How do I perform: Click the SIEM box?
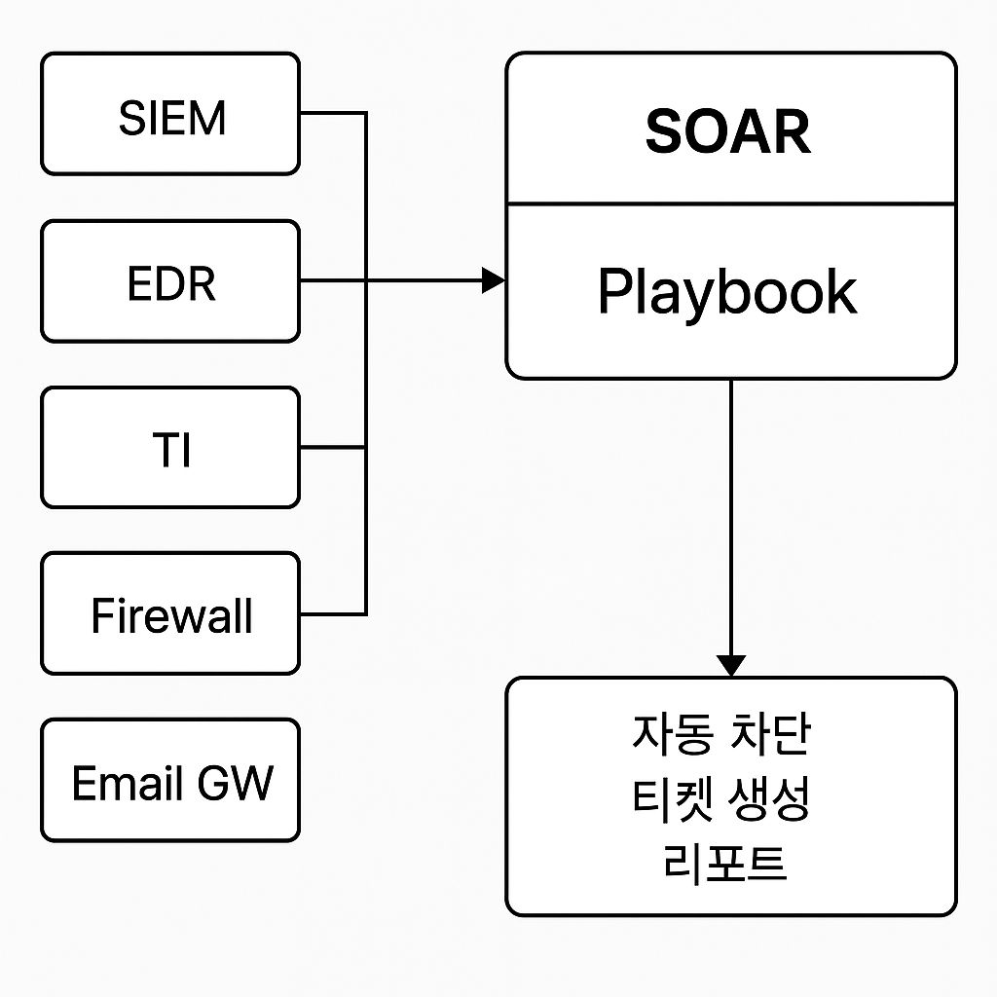(170, 113)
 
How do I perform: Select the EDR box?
(170, 281)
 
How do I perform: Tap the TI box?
(170, 448)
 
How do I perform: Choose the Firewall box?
(170, 613)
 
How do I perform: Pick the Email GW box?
(170, 780)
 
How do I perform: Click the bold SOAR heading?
(728, 131)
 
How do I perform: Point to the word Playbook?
(727, 292)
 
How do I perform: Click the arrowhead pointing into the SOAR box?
(494, 280)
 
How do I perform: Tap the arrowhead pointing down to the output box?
(731, 666)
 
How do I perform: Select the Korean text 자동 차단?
(721, 734)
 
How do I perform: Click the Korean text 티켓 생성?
(721, 798)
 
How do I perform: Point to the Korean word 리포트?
(724, 864)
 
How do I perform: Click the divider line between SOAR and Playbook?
(731, 204)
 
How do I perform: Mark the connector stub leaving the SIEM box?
(333, 113)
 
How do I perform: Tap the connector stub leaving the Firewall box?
(333, 614)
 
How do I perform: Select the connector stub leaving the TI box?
(333, 448)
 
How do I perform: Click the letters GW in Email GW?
(236, 782)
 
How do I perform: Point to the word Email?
(128, 782)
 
